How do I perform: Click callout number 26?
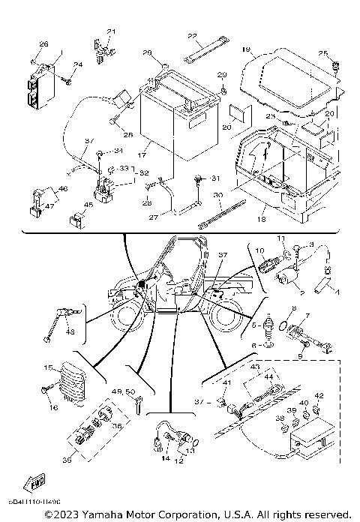[43, 44]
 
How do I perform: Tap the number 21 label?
[112, 31]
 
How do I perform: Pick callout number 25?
[322, 53]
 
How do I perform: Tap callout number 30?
[217, 194]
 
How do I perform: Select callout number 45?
[67, 204]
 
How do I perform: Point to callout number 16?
[53, 407]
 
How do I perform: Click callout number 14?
[165, 457]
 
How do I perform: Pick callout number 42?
[319, 395]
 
